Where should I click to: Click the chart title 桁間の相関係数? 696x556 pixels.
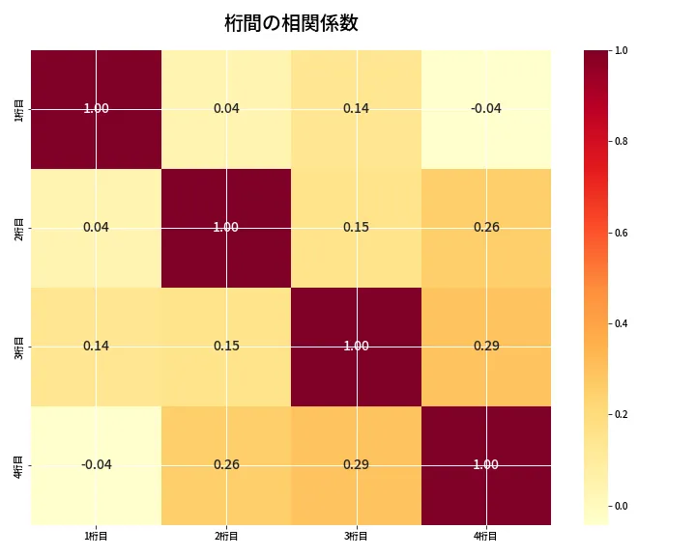pos(291,23)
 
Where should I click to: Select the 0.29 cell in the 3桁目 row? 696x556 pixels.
pos(485,346)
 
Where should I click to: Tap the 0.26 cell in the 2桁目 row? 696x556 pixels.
pos(485,227)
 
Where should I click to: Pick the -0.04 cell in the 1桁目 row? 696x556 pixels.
pos(485,108)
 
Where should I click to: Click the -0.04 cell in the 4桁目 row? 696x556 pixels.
pos(96,464)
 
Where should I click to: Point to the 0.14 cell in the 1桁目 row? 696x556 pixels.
pos(356,108)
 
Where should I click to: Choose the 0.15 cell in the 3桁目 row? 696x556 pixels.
pos(226,346)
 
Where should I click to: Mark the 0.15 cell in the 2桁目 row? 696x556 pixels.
pos(356,227)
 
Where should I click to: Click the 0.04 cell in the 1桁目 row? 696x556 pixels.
pos(226,108)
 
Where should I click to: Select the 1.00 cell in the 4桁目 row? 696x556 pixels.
pos(485,464)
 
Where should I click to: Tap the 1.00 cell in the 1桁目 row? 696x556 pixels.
pos(96,108)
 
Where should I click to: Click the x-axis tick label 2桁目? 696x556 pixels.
pos(226,536)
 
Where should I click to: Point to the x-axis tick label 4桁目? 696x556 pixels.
pos(485,536)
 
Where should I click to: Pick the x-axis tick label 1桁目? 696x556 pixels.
pos(96,536)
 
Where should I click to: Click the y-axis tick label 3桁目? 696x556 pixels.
pos(19,346)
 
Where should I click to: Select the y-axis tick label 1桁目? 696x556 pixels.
pos(19,108)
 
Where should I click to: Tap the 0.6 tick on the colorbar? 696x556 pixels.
pos(622,233)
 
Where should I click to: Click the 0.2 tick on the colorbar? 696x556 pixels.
pos(622,414)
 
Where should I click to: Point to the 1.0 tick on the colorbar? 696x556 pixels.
pos(622,50)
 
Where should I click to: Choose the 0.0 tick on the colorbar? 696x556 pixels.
pos(622,506)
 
